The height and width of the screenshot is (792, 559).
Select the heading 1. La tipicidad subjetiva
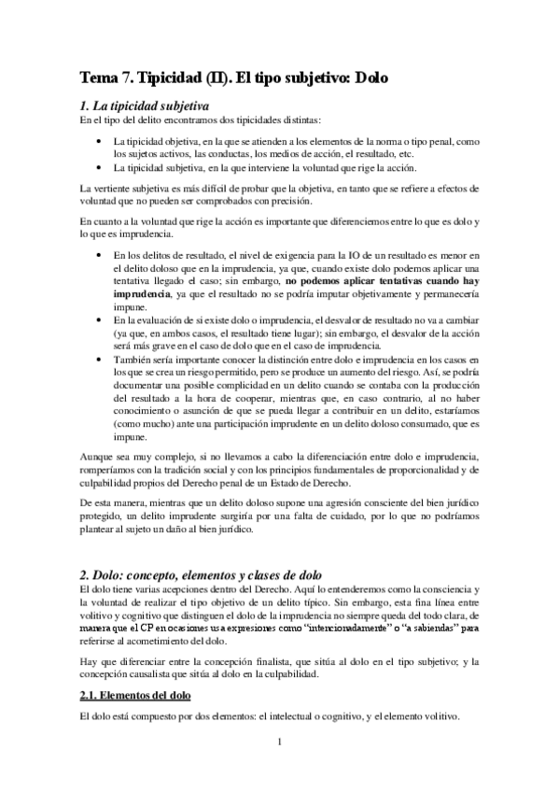pos(144,105)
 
